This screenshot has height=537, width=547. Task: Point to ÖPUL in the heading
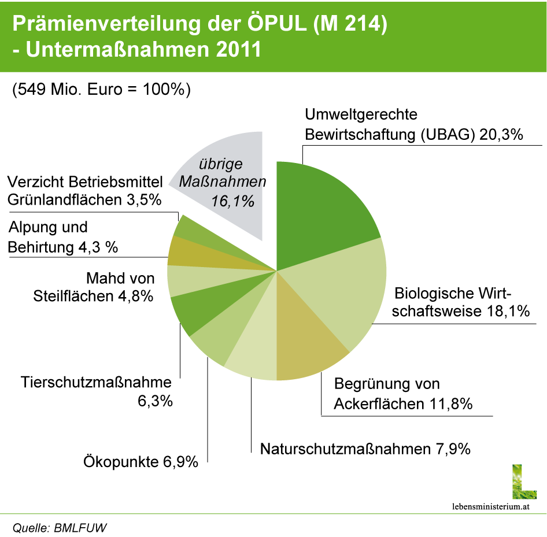(271, 24)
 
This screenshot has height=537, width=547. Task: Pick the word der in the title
(223, 25)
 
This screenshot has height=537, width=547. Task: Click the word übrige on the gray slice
(217, 164)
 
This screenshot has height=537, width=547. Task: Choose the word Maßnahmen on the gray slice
(220, 183)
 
